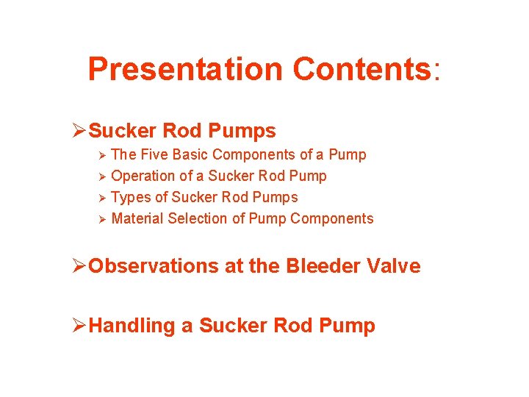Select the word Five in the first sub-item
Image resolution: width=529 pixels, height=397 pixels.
click(x=154, y=154)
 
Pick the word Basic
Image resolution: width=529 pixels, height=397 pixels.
click(x=191, y=154)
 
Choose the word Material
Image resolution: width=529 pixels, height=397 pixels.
click(x=137, y=218)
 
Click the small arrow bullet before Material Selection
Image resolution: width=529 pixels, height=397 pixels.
click(x=103, y=219)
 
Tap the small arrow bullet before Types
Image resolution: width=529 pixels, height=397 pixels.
click(x=103, y=198)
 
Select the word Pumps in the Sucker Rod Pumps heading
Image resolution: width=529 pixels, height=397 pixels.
click(x=242, y=132)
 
